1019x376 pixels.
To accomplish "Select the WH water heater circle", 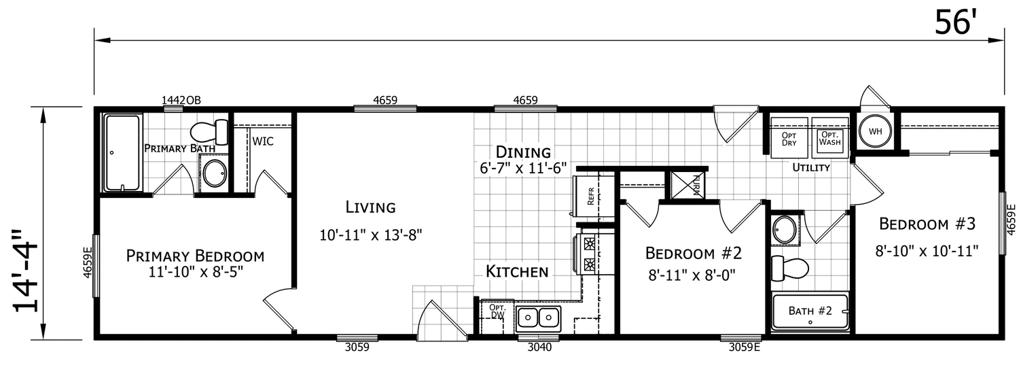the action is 875,131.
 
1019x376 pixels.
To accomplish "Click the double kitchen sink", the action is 539,317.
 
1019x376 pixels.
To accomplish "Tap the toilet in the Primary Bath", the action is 209,131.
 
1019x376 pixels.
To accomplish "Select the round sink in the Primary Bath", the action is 214,173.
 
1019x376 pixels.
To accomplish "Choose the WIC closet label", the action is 263,141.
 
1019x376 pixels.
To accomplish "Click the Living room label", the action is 371,207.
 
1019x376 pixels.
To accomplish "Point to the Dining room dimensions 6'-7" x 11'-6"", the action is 523,169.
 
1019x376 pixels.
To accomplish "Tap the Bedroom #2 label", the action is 694,253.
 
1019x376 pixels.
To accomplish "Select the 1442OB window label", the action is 181,100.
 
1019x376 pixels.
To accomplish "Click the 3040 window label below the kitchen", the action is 539,347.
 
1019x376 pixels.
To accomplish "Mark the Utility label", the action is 811,167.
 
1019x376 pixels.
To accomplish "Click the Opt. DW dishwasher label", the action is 497,311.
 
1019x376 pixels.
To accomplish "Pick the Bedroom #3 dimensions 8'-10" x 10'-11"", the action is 927,251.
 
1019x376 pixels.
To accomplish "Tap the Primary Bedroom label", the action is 195,256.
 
